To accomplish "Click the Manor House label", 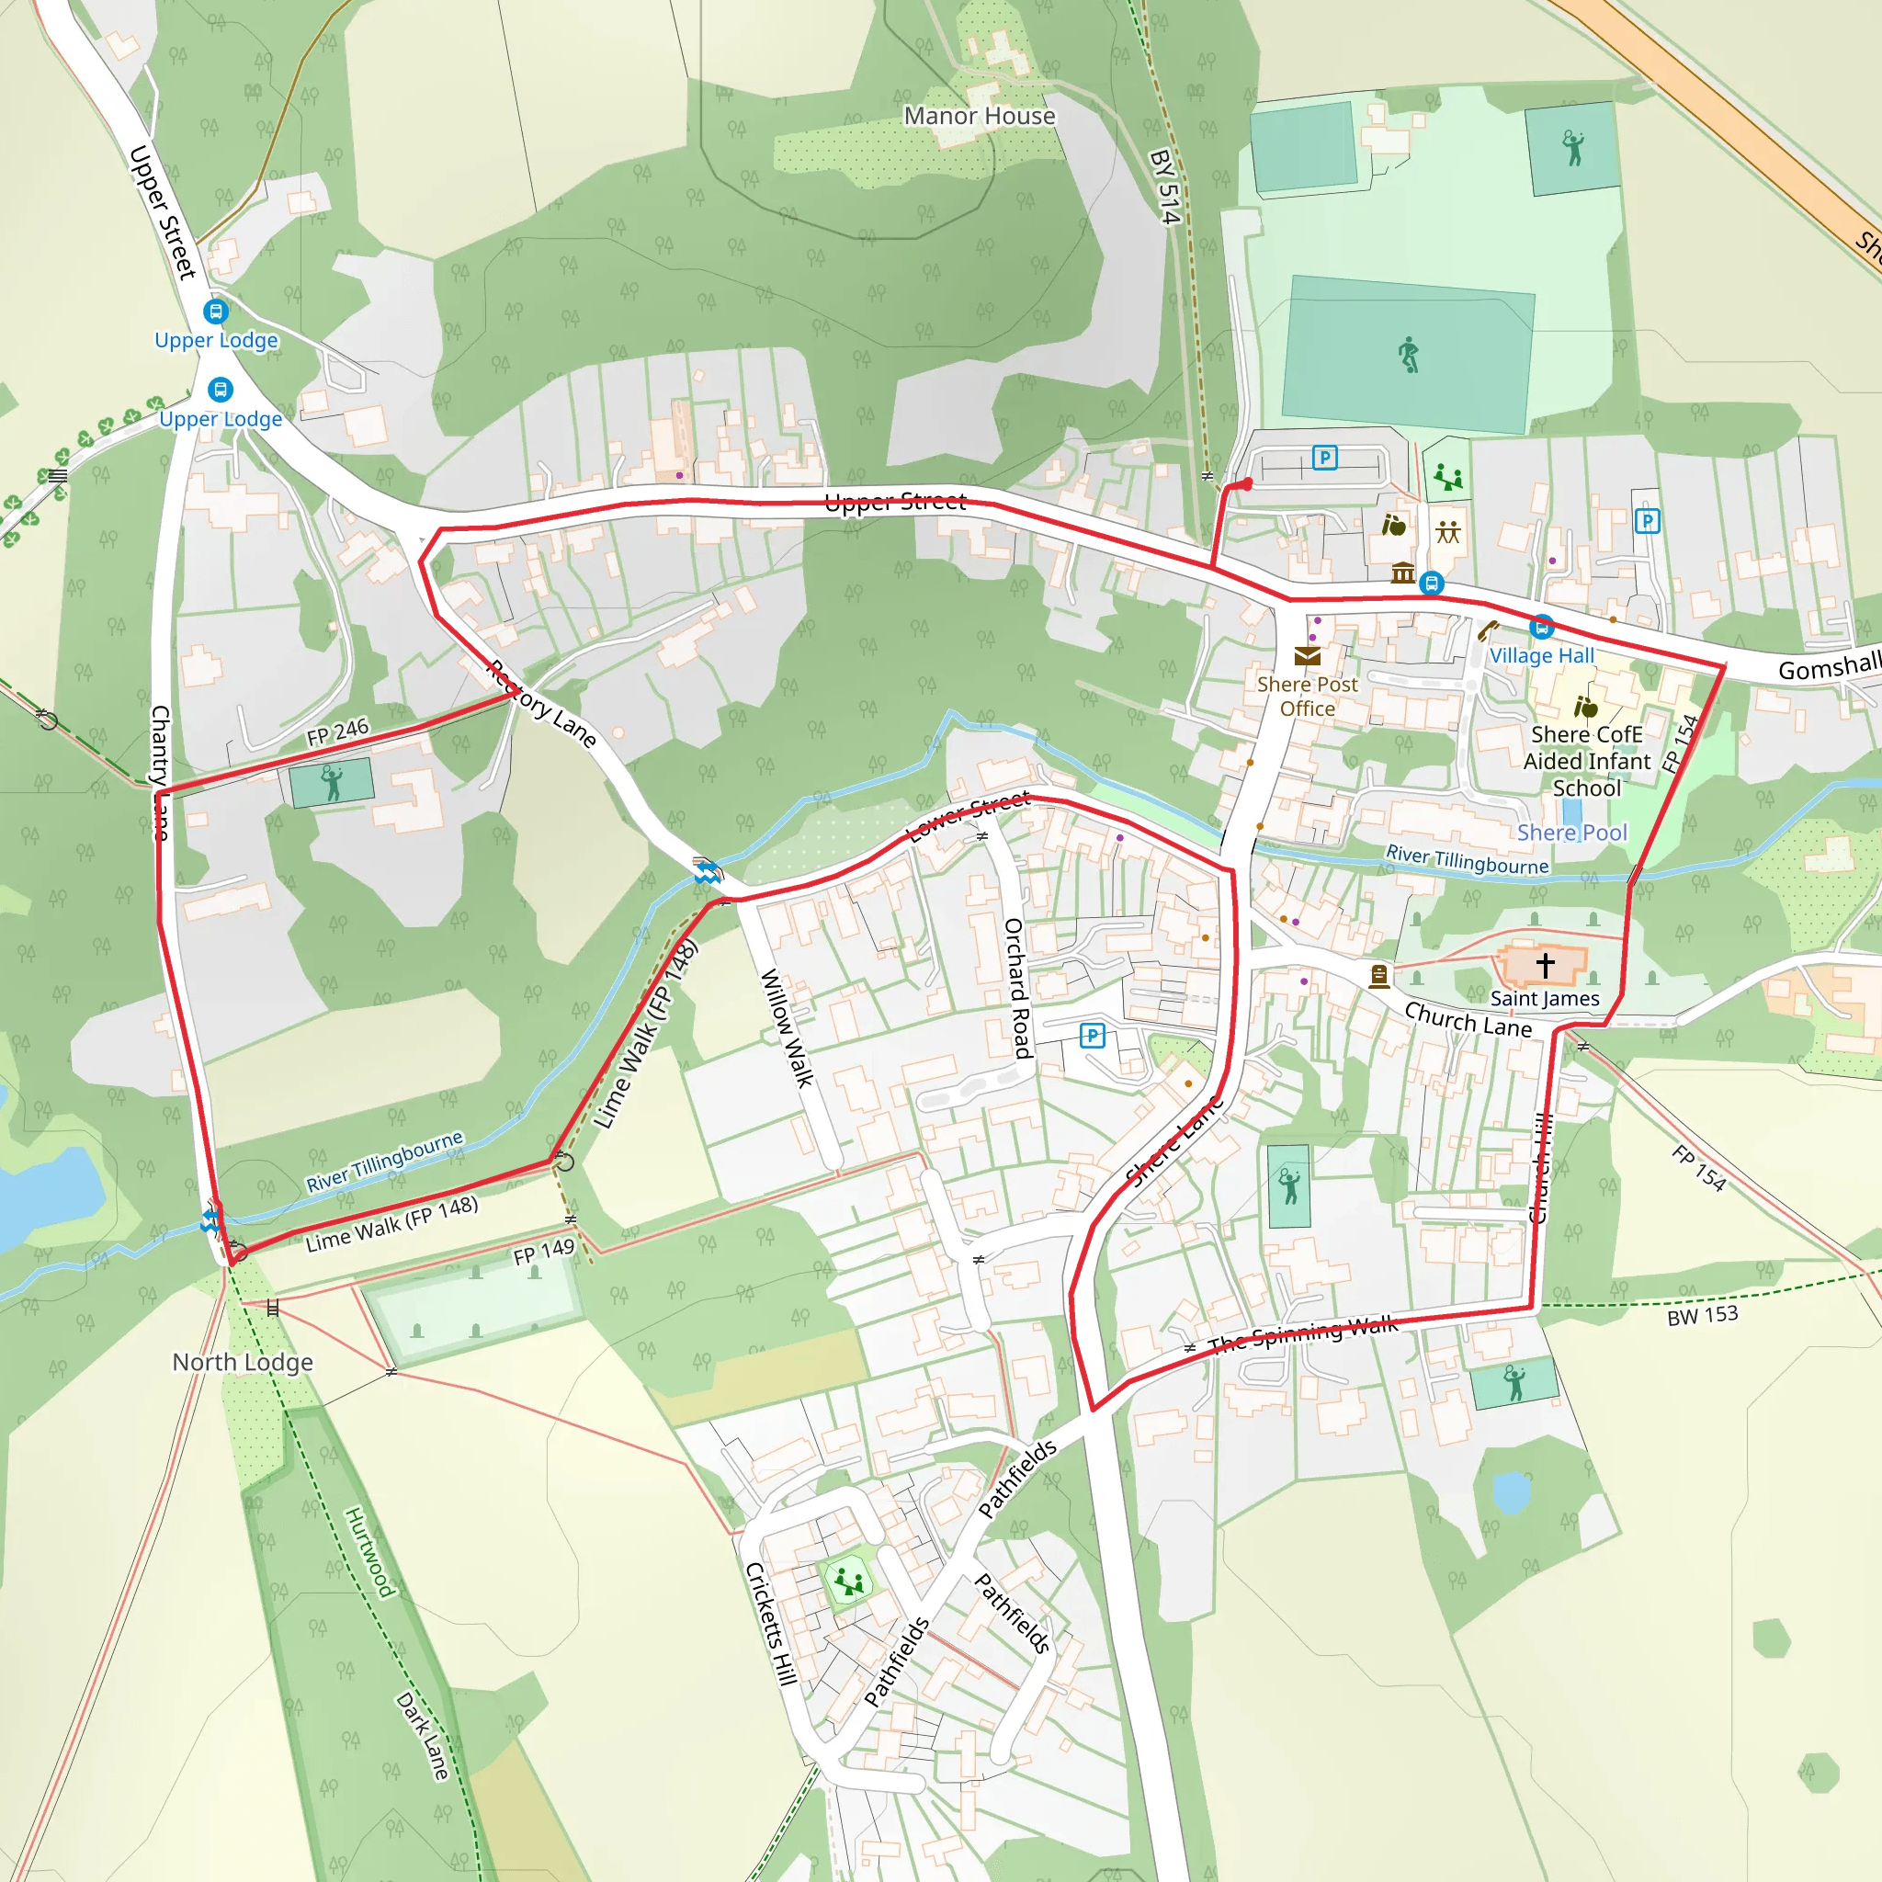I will tap(979, 116).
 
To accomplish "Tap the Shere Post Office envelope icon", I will tap(1308, 655).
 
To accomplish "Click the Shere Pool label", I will tap(1571, 833).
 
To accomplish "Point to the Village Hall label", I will tap(1542, 655).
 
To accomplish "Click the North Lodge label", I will tap(243, 1362).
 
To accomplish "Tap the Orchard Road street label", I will tap(1017, 988).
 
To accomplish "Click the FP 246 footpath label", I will tap(338, 731).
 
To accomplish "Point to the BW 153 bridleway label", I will tap(1702, 1316).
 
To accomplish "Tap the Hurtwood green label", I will tap(370, 1553).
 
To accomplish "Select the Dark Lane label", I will tap(423, 1736).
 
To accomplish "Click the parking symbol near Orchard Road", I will tap(1092, 1036).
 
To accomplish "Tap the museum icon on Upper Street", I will tap(1402, 573).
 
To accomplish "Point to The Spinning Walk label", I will tap(1302, 1334).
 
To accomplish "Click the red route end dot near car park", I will tap(1247, 484).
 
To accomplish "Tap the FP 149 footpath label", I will tap(544, 1252).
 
